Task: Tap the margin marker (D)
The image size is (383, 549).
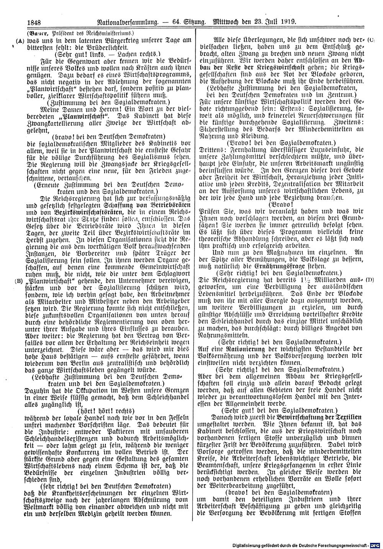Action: click(x=369, y=280)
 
